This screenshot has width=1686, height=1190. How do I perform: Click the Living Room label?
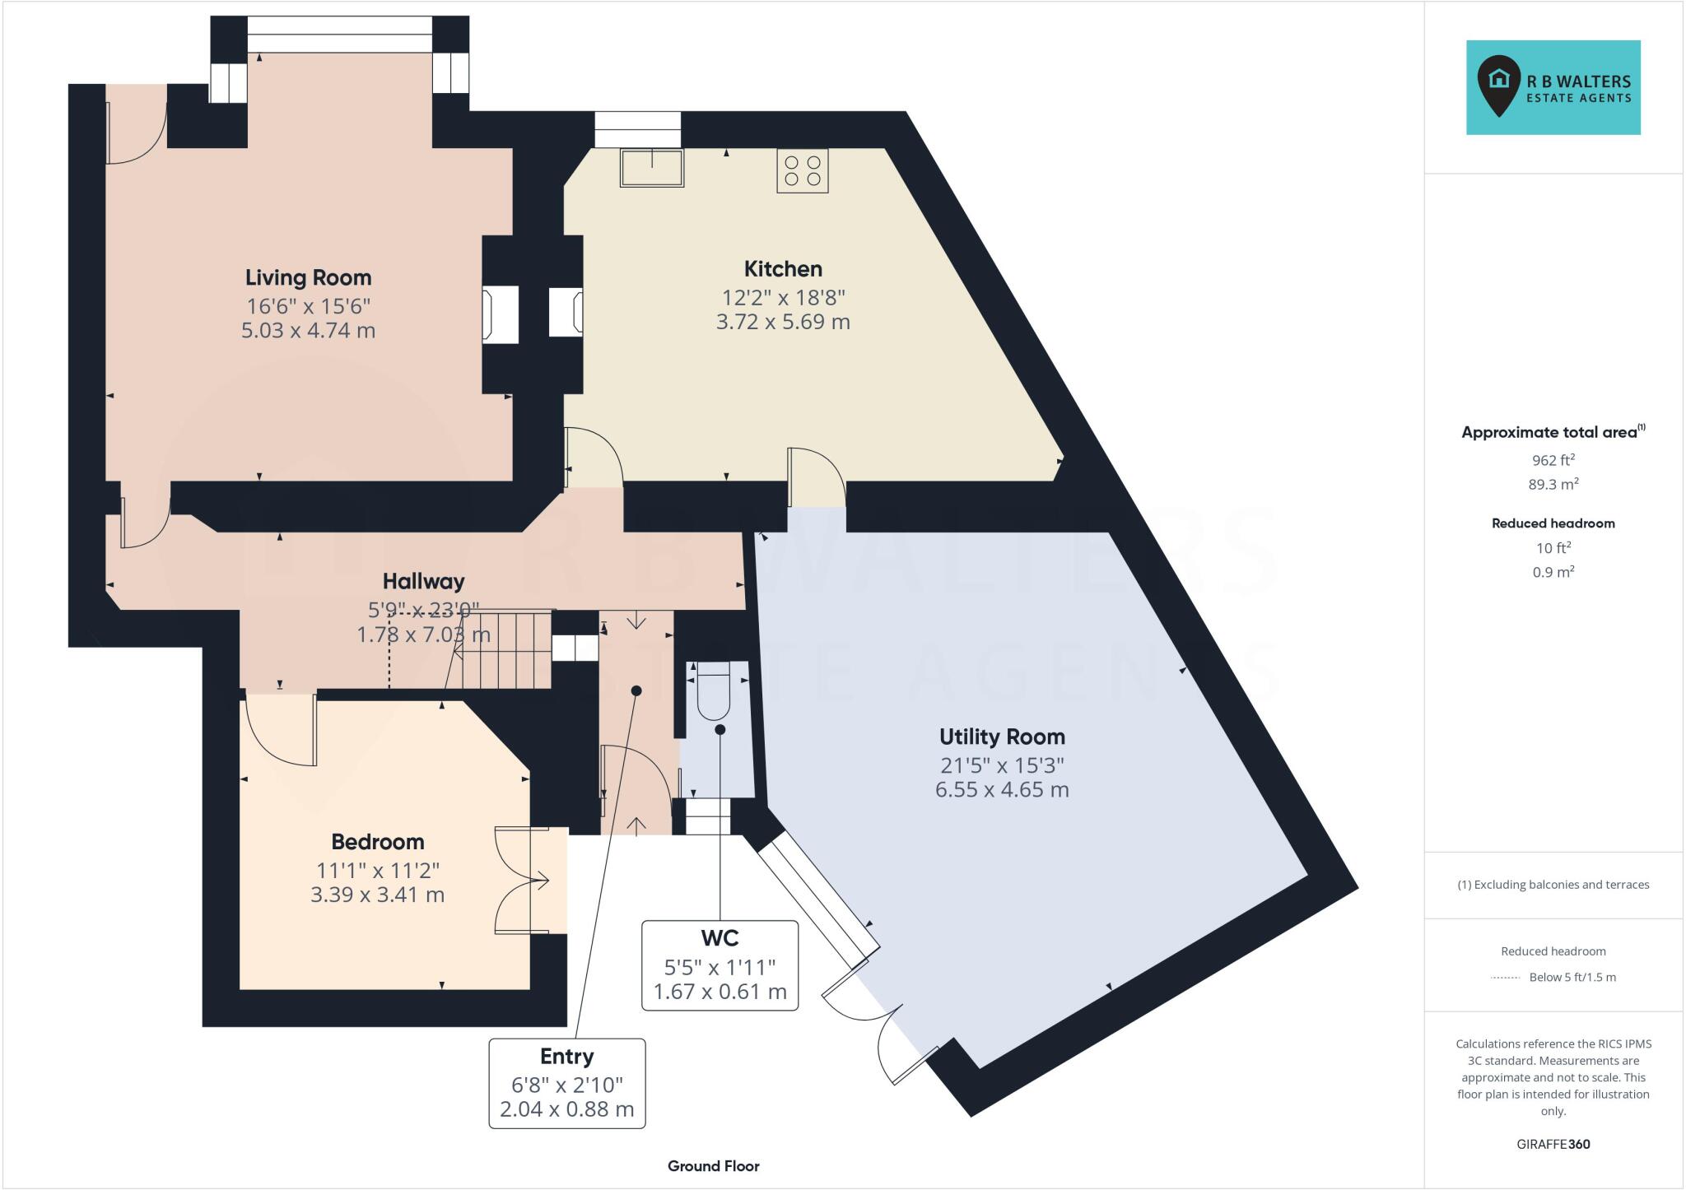click(308, 277)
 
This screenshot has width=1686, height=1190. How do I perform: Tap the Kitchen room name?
click(782, 268)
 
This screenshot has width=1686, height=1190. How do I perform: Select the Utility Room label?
click(1001, 737)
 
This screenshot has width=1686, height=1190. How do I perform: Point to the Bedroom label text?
click(377, 842)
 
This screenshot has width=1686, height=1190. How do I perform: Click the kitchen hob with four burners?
click(802, 170)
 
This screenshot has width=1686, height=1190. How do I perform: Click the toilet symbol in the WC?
click(713, 695)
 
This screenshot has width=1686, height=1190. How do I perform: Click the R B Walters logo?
click(1553, 88)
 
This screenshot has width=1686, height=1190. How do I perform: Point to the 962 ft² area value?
click(1553, 460)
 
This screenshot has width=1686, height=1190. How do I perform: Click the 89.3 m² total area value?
click(1553, 485)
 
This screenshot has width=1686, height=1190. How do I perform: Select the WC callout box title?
click(720, 938)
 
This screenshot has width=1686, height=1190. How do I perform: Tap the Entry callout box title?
click(566, 1057)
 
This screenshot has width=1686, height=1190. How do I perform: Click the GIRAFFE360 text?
click(1553, 1144)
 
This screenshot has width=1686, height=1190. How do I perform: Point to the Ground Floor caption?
click(713, 1166)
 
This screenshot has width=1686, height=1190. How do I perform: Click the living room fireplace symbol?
click(500, 314)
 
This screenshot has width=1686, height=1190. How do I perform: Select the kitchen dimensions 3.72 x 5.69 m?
click(782, 322)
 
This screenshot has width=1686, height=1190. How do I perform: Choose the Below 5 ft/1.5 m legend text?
click(1572, 978)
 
